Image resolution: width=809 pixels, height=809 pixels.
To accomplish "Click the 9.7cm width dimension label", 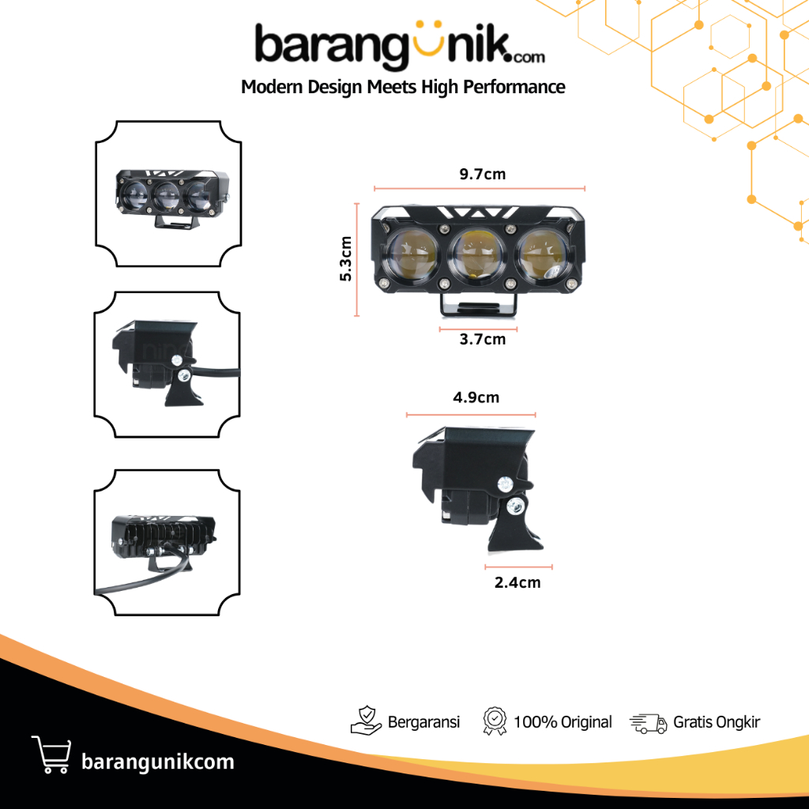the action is point(482,175).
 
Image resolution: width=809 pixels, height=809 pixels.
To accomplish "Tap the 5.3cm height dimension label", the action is point(345,258).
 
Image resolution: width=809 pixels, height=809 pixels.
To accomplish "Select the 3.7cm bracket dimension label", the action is point(482,340).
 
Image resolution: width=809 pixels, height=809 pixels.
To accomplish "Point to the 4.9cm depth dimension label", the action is point(476,397).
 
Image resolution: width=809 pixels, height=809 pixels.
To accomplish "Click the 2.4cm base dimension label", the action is point(518,583).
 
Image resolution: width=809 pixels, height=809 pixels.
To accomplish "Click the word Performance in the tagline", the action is point(517,87).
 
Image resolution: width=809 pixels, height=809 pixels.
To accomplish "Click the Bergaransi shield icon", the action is point(365,721).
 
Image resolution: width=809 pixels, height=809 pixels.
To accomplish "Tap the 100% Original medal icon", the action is point(494,721).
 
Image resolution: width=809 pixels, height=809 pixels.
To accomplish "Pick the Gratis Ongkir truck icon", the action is point(648,722).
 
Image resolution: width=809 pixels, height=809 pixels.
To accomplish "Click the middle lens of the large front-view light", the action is point(479,254).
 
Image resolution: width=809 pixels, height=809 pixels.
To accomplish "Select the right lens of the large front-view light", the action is point(544,254).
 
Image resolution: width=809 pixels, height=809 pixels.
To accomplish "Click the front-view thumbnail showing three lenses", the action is point(168,194).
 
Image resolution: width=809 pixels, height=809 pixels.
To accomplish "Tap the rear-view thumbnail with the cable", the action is point(167,543).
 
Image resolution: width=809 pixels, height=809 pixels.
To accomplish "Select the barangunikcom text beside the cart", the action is point(158,762).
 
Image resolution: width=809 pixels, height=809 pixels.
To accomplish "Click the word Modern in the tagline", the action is point(269,87).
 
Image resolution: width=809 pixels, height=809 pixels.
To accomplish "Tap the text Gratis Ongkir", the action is point(717,722).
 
